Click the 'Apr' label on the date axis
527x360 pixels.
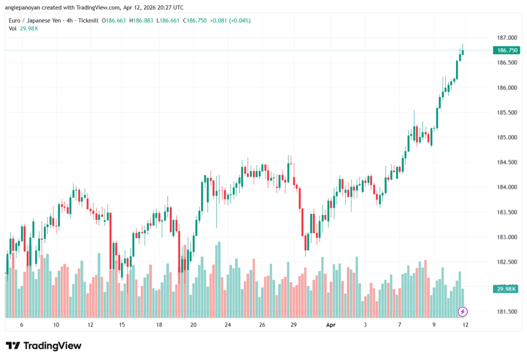330,325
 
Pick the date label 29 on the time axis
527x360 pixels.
294,325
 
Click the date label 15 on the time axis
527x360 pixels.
122,325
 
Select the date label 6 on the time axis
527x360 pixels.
21,325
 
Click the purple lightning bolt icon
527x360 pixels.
463,311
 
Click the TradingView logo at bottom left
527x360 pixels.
44,346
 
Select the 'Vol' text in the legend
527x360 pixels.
13,28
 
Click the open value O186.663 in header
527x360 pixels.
114,21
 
